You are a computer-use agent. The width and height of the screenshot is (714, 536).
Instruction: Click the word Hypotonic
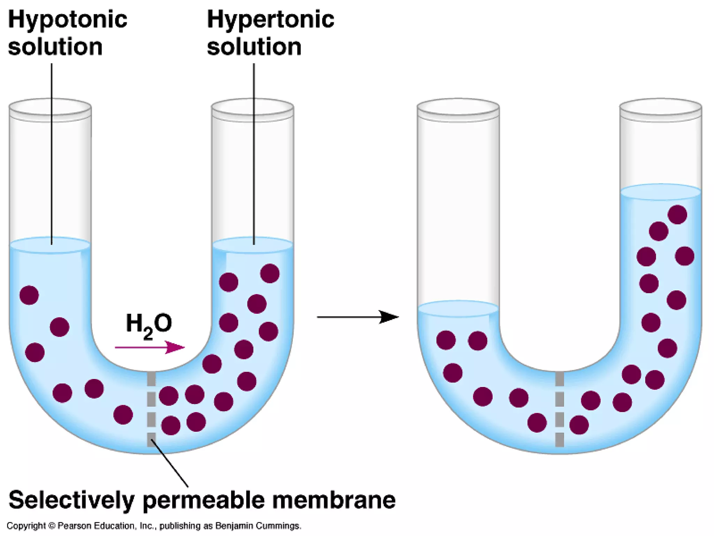pos(68,20)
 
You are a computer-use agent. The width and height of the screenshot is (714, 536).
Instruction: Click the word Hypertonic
pos(271,20)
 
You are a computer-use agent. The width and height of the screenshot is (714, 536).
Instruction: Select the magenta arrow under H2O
pos(150,347)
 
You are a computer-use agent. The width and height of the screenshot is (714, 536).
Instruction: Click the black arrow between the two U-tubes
pos(358,317)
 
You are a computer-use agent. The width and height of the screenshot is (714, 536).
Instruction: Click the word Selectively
pos(71,500)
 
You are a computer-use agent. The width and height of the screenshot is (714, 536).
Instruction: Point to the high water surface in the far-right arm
pos(661,192)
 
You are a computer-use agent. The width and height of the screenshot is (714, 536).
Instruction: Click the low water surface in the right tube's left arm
pos(458,308)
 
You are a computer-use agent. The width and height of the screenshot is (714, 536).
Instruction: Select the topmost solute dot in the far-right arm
pos(677,214)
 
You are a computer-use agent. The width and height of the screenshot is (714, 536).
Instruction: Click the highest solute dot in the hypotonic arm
pos(29,295)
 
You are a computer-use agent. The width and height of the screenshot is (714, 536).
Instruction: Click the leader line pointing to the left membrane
pos(170,464)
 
